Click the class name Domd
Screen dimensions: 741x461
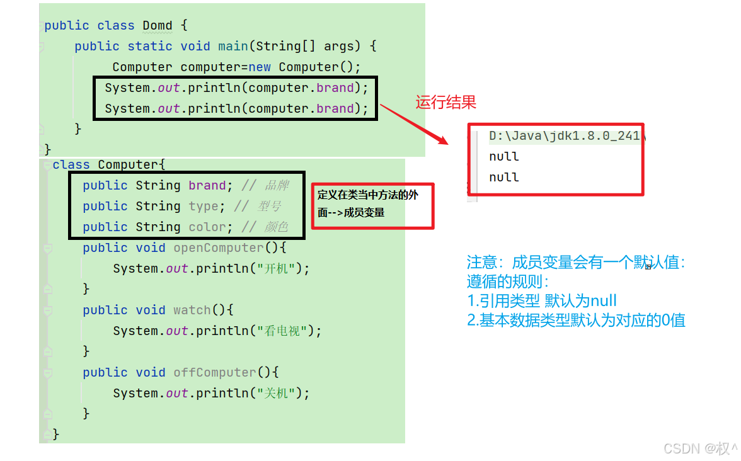(x=157, y=26)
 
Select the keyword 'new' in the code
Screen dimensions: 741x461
(x=260, y=67)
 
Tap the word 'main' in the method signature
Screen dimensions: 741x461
(x=233, y=47)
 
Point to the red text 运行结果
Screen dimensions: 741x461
(x=445, y=103)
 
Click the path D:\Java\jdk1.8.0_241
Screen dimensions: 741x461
(x=564, y=135)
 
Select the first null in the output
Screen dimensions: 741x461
(x=503, y=156)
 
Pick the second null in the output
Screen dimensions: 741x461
(x=503, y=177)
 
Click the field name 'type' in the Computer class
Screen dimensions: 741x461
(x=203, y=207)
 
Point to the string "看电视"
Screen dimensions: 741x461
(x=282, y=331)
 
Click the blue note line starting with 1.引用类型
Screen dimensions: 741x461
(x=541, y=301)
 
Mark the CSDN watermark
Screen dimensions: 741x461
(x=700, y=448)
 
